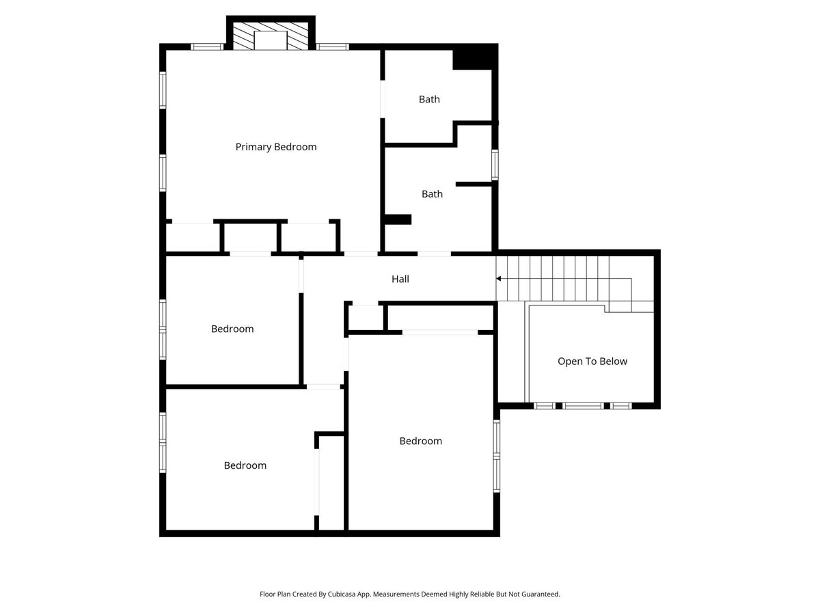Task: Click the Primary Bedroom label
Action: (276, 147)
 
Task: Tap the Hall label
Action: (400, 279)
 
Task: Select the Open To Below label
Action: (592, 361)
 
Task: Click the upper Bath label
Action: (429, 99)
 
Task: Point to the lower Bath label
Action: (432, 194)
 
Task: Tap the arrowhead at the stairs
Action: (499, 279)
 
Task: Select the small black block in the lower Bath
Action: (398, 219)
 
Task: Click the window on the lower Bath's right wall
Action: (495, 165)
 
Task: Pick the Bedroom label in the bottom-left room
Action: (245, 465)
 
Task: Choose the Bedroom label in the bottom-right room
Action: (421, 441)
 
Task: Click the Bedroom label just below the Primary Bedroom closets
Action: (232, 329)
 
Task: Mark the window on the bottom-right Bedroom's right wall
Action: (497, 456)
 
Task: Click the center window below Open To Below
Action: (583, 406)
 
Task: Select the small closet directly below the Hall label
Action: (366, 318)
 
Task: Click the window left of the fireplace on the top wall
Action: (207, 47)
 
